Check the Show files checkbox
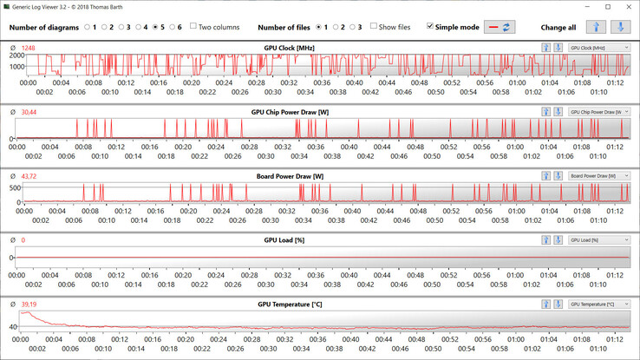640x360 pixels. coord(374,27)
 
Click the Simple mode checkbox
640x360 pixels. coord(431,27)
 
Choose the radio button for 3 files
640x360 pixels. coord(350,27)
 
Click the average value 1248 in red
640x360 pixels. coord(29,48)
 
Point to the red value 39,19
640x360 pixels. coord(29,304)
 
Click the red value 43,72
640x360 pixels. coord(29,176)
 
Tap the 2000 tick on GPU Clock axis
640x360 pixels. coord(16,55)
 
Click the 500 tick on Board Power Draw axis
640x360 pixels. coord(15,187)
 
